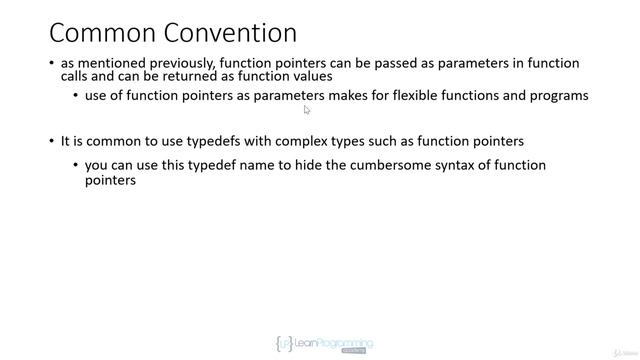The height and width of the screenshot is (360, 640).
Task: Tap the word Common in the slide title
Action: pos(99,32)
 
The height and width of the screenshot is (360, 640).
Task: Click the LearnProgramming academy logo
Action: pos(323,344)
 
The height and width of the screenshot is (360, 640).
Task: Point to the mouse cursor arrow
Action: pos(307,110)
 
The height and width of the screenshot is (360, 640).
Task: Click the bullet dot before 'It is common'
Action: pos(52,141)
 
